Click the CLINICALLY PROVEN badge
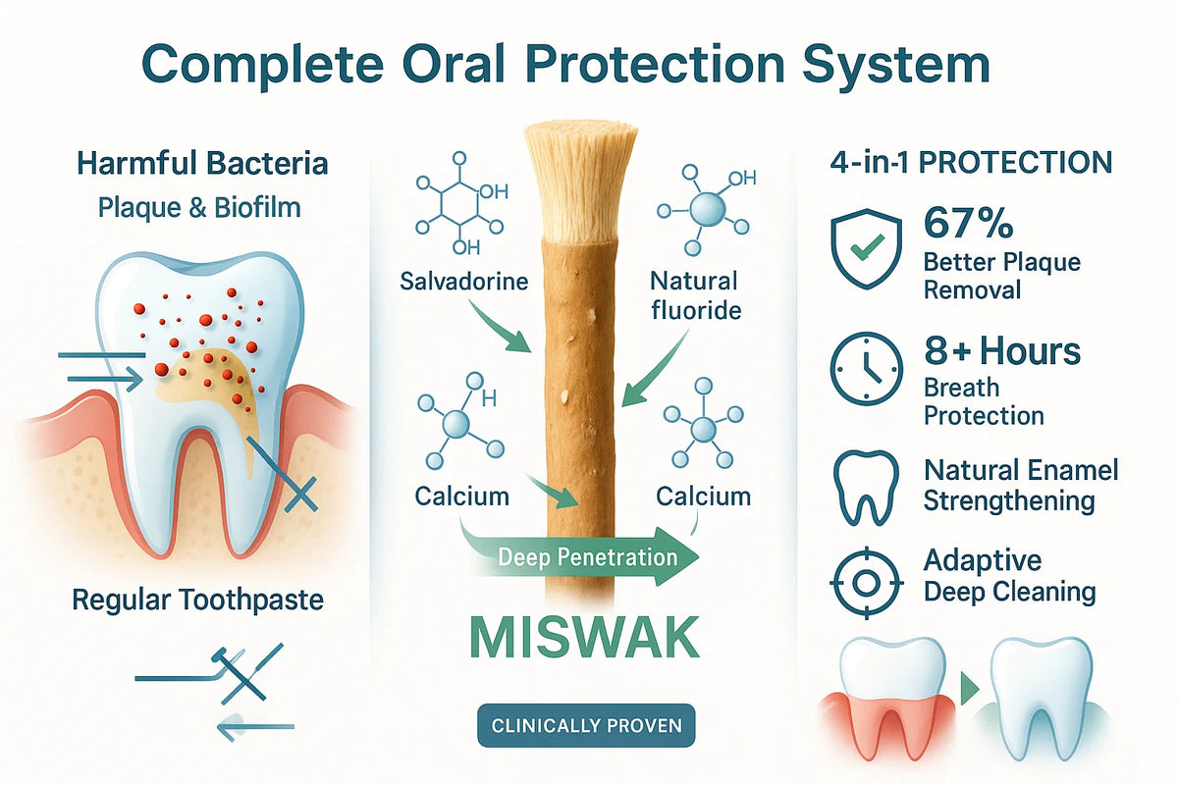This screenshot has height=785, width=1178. [586, 725]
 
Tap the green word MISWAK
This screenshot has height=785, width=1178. [585, 638]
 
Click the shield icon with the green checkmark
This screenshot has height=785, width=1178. [866, 248]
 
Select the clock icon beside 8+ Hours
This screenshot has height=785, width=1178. [866, 368]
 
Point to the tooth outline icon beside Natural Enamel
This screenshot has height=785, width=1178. [866, 488]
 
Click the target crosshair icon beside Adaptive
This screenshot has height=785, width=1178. [866, 583]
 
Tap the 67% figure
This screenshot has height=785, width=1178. [968, 223]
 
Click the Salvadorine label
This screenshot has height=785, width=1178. [463, 282]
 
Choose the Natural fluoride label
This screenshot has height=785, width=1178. [696, 295]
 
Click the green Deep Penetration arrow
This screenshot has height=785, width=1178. [581, 557]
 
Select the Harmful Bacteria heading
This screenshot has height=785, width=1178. [202, 163]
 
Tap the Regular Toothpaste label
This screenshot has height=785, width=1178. [197, 601]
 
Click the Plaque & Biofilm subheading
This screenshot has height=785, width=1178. [199, 208]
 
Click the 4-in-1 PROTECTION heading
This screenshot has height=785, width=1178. [971, 163]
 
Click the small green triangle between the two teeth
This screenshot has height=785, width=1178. [969, 688]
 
